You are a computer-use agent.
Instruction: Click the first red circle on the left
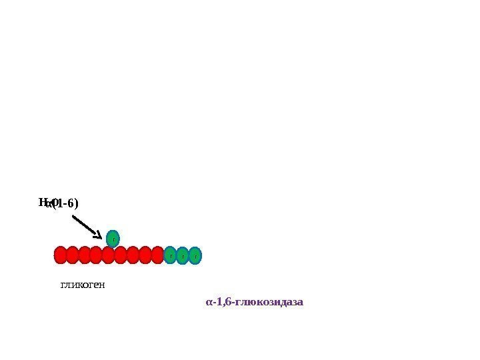point(61,255)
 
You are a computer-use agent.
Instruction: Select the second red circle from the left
point(73,255)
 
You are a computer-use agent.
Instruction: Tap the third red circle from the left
point(85,255)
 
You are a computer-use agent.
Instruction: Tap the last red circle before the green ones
point(157,255)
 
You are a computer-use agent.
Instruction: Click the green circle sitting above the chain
point(113,238)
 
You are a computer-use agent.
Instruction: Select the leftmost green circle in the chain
point(171,255)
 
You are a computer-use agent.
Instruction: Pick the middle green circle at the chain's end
point(183,255)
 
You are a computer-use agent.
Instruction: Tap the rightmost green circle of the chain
point(195,255)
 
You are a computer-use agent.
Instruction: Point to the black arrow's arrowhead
point(99,235)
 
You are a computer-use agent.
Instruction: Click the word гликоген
point(83,285)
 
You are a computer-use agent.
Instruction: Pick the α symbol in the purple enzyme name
point(209,303)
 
